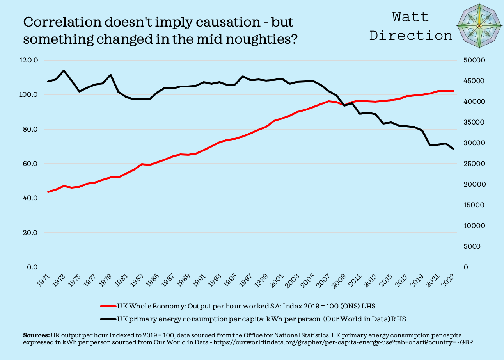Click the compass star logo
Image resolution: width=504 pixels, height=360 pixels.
click(x=479, y=26)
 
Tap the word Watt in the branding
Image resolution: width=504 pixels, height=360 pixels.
click(x=410, y=17)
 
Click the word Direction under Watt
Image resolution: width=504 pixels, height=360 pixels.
click(x=410, y=35)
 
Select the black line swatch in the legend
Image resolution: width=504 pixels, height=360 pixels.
click(x=108, y=319)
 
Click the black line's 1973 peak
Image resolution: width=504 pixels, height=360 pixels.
click(x=64, y=71)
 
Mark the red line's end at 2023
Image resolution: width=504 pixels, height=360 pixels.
click(x=453, y=91)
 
